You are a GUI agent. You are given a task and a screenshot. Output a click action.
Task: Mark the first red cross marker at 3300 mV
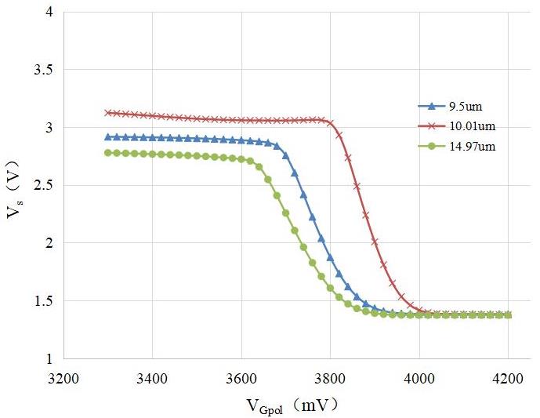point(108,113)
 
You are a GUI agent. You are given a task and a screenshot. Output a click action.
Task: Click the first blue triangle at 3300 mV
point(108,136)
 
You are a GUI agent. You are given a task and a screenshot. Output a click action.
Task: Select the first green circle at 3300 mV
point(108,153)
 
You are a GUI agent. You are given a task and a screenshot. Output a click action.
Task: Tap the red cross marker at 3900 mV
point(375,242)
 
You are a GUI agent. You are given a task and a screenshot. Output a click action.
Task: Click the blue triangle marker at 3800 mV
point(330,257)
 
